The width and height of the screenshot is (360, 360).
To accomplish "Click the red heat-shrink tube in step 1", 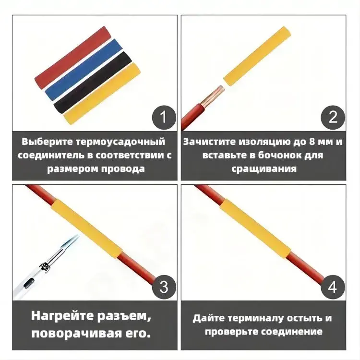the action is click(72, 58).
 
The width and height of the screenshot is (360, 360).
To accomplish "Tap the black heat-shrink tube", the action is click(93, 82).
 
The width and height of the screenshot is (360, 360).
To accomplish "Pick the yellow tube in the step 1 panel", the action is click(102, 94).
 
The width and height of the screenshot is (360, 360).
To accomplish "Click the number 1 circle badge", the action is click(164, 117).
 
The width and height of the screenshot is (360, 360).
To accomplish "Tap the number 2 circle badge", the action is click(333, 117).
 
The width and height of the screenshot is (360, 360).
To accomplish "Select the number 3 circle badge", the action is click(164, 287).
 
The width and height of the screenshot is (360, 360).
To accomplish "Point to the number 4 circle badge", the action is click(333, 287).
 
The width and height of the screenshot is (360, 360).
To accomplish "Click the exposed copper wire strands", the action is click(212, 96).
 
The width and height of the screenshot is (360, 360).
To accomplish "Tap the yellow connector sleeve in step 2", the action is click(257, 57).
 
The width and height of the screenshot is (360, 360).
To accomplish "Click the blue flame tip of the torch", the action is click(73, 241).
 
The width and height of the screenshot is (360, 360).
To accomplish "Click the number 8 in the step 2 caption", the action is click(311, 142).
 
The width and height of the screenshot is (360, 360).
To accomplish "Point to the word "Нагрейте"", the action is click(63, 316).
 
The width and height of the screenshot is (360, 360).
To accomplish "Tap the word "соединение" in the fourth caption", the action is click(292, 332).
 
